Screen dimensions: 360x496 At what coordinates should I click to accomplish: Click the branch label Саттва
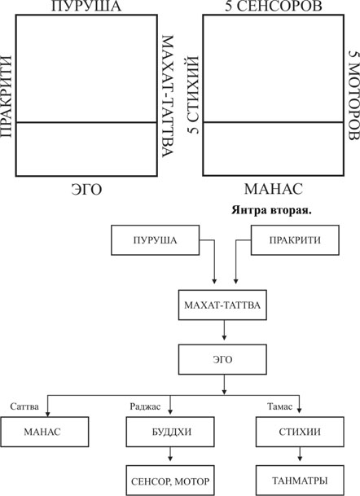click(24, 406)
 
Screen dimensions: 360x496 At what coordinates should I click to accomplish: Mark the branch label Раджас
click(145, 406)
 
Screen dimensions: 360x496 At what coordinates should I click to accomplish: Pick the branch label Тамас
click(279, 406)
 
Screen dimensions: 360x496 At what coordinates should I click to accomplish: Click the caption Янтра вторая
click(271, 210)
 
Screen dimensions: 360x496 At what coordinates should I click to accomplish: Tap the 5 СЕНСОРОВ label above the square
click(274, 7)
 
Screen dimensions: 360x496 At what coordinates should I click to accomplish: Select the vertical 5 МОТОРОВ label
click(354, 95)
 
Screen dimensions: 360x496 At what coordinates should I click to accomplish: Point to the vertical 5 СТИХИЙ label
click(193, 94)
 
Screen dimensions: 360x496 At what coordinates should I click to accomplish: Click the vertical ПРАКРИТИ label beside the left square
click(6, 96)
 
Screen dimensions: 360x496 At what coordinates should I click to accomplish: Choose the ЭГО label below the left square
click(86, 190)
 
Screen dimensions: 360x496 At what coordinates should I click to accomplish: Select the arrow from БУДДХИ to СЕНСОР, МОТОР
click(170, 454)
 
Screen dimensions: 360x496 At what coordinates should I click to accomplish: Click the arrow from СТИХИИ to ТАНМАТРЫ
click(300, 454)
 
